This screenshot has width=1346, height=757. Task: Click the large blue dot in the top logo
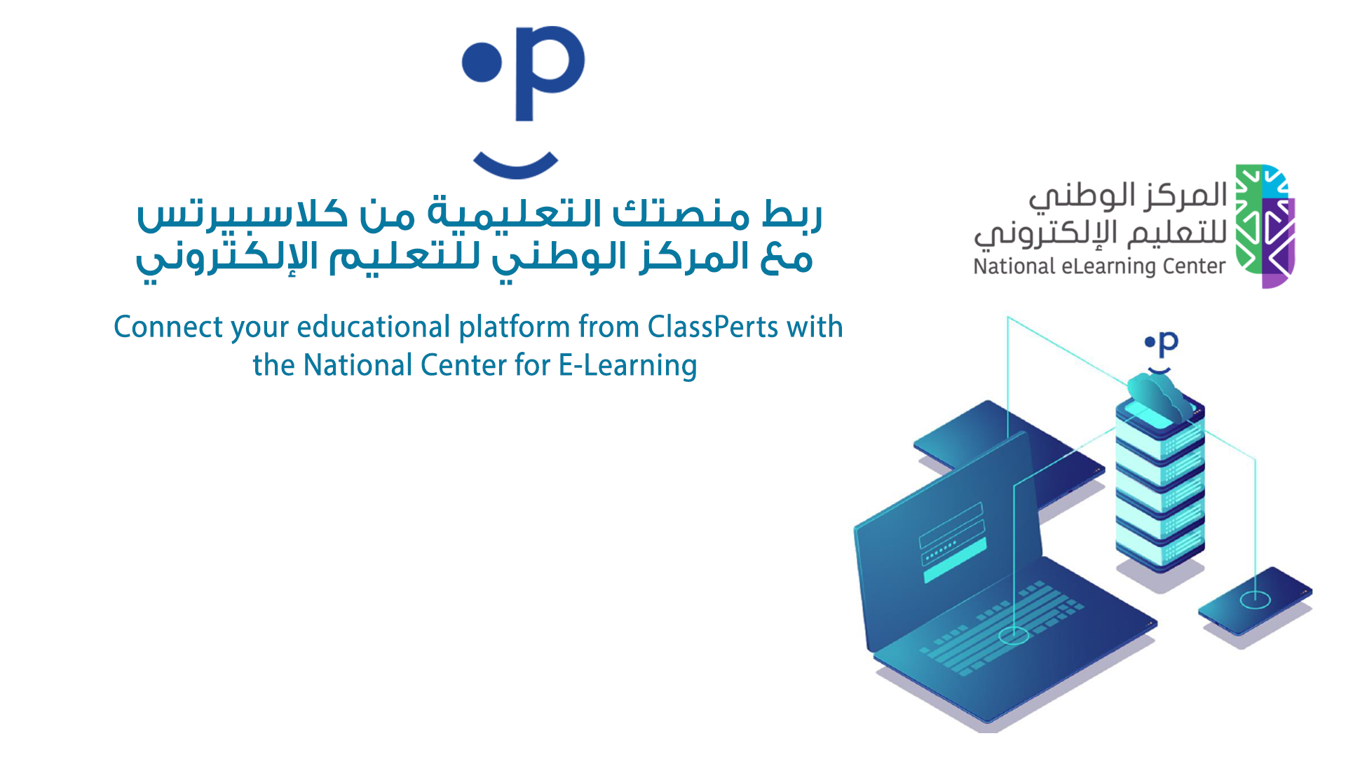coord(482,62)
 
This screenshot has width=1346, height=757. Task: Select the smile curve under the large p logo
coord(516,165)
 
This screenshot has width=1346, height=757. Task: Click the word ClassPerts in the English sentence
coord(713,327)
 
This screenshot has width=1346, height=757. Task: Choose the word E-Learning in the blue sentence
coord(627,366)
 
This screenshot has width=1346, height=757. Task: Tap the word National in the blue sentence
coord(358,365)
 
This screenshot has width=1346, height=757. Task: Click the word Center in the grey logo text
coord(1194,266)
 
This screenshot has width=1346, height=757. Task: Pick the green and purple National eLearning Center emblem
coord(1265,226)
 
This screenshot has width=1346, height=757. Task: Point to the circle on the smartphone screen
coord(1255,599)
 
